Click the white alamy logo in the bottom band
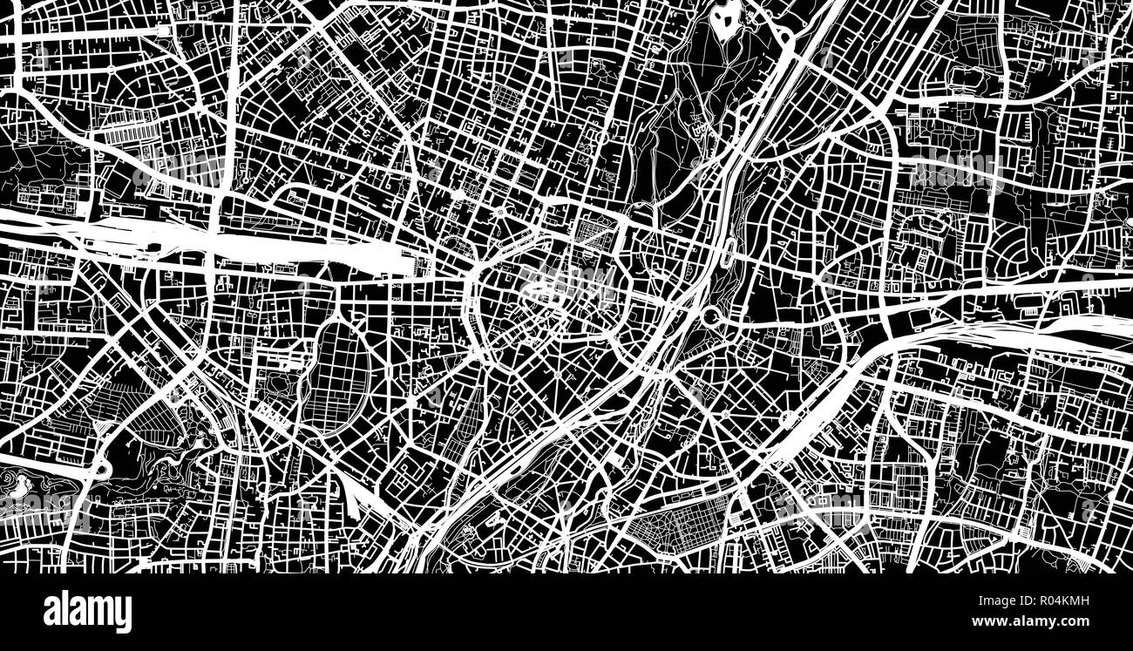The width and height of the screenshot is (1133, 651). tap(87, 612)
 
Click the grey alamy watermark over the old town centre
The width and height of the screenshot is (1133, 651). tap(566, 283)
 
